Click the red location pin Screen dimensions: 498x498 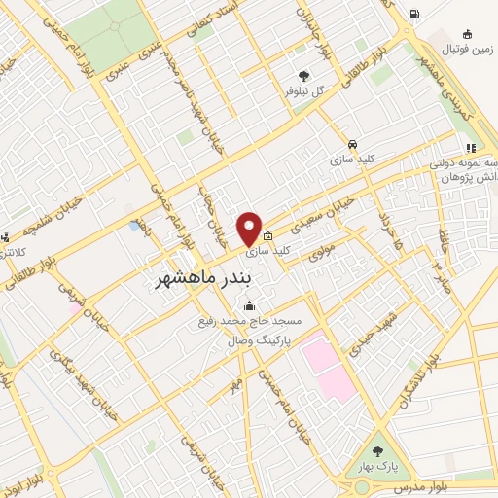click(250, 228)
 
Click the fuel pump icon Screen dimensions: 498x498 click(415, 14)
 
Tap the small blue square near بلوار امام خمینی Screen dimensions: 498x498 click(133, 226)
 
